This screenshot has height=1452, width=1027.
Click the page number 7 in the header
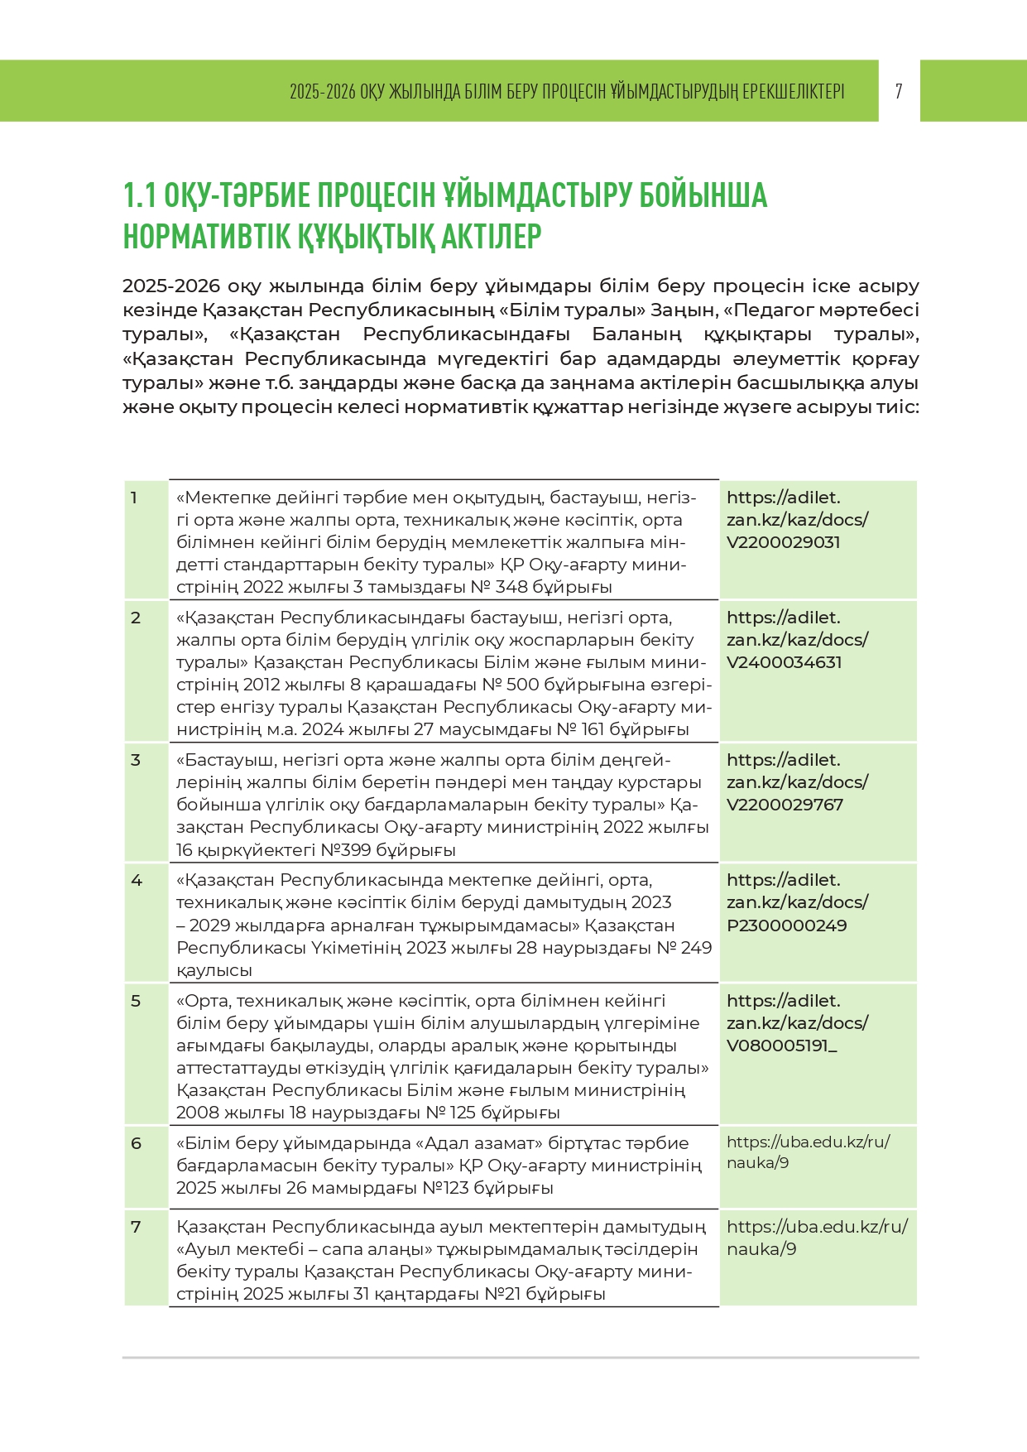point(899,91)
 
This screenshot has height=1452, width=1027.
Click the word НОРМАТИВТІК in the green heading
point(208,237)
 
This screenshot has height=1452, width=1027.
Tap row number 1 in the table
point(134,498)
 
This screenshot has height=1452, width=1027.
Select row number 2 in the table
point(136,618)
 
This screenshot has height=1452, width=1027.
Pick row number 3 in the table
point(136,760)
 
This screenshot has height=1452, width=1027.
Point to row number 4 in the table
point(137,880)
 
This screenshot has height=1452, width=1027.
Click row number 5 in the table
point(136,1001)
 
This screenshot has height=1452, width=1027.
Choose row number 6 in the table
point(137,1143)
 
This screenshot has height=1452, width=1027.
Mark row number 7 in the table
point(136,1227)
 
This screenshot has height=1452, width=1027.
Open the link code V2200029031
point(783,542)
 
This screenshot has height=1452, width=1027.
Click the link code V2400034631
point(784,662)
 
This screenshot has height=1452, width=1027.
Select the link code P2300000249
point(786,926)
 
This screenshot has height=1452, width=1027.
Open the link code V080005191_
point(781,1046)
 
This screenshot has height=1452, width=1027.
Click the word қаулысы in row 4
point(214,970)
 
